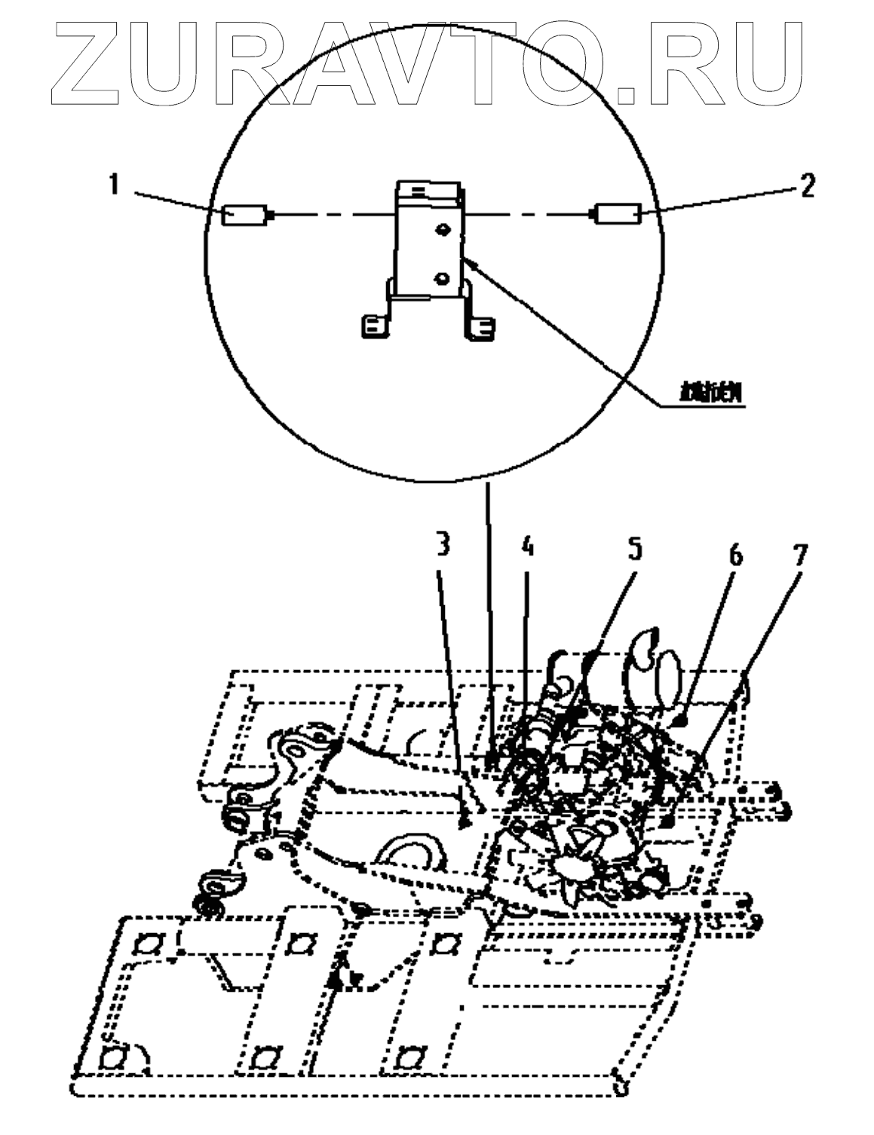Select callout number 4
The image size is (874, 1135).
click(528, 547)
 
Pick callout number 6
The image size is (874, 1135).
click(734, 555)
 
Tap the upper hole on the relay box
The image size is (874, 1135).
click(443, 228)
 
